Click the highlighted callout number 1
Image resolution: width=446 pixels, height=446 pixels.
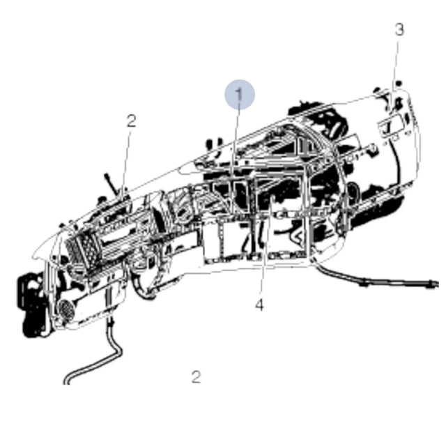[240, 95]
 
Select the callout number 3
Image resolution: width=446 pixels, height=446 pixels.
[399, 29]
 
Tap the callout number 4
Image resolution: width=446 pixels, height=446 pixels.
[259, 305]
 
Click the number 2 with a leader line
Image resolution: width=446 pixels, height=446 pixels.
[131, 121]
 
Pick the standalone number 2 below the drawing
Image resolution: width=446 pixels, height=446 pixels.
[196, 377]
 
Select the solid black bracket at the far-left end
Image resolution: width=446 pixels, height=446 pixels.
[31, 306]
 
